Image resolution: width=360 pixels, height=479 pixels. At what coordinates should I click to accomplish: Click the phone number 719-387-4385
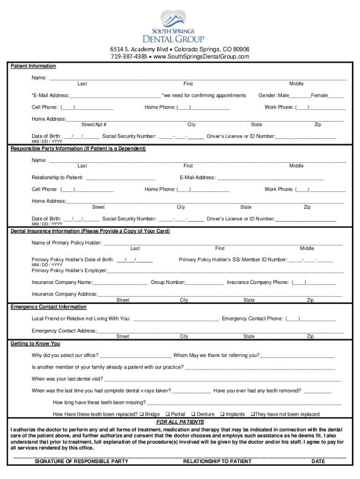(128, 57)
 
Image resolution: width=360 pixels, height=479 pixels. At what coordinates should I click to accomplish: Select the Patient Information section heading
(33, 66)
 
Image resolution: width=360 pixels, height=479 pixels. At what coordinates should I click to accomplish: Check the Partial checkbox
(167, 414)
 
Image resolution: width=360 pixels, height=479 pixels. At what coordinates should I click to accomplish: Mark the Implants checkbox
(222, 414)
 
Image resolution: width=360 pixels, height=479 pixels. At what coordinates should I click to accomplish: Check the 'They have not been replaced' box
(252, 414)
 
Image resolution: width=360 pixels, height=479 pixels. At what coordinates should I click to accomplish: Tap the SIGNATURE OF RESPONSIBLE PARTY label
(81, 462)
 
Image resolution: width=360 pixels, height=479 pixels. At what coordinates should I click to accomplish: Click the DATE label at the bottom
(318, 462)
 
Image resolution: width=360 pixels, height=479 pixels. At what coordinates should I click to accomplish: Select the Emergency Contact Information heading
(49, 307)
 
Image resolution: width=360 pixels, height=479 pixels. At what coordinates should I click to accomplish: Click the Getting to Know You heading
(36, 344)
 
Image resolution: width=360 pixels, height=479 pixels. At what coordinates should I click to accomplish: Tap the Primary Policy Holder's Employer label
(69, 271)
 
